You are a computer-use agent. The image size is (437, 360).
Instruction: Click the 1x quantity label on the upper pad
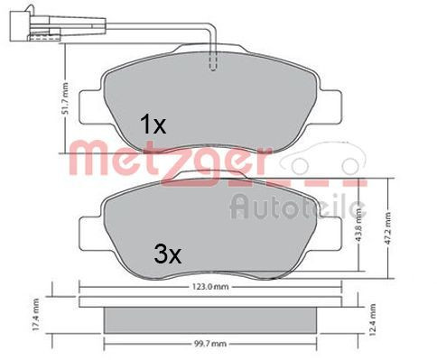tap(153, 125)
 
